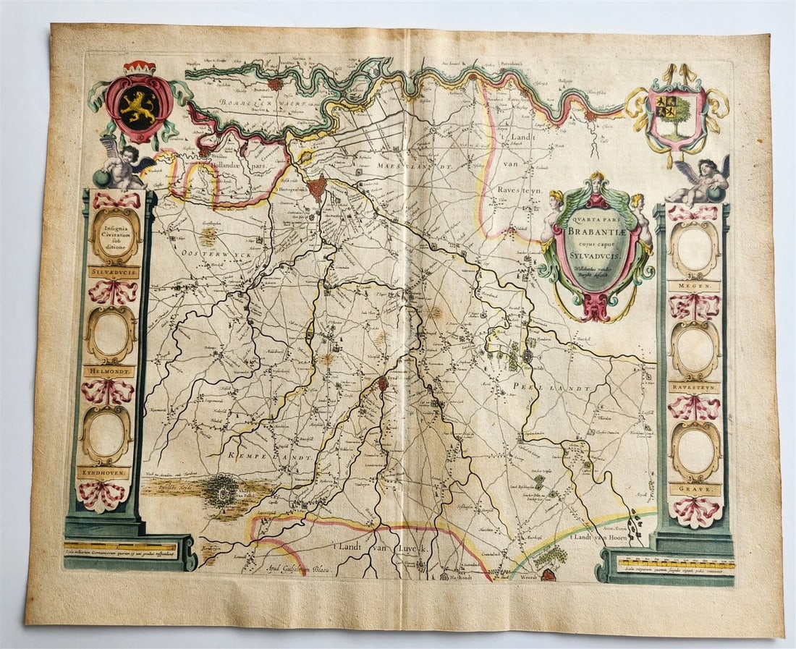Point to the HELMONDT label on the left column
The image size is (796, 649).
click(x=109, y=371)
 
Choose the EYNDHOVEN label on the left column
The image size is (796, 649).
click(x=104, y=472)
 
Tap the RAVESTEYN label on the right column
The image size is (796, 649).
click(x=695, y=387)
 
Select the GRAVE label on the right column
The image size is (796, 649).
click(x=695, y=489)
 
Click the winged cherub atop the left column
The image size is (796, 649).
click(x=124, y=163)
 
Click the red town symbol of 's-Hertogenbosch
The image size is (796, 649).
click(x=316, y=190)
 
